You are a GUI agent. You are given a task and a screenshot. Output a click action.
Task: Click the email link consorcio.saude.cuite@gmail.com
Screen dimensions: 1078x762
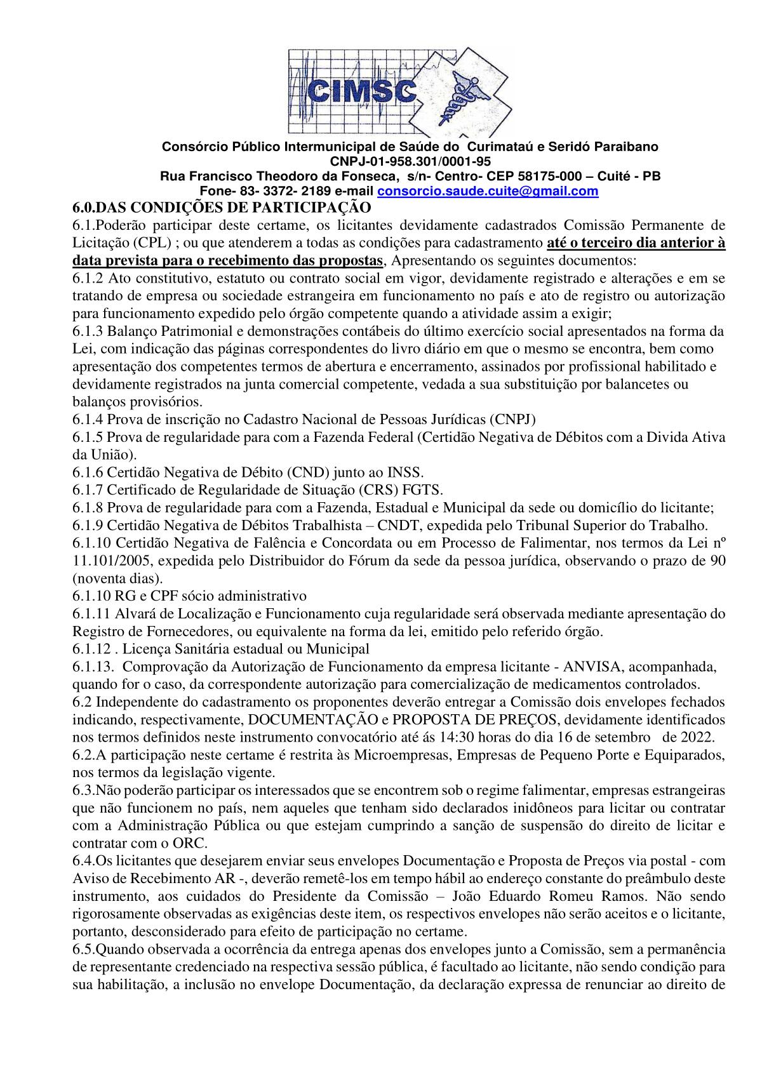point(488,191)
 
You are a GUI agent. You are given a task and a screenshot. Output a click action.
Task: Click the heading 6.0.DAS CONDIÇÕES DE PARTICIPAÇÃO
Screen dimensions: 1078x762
point(220,207)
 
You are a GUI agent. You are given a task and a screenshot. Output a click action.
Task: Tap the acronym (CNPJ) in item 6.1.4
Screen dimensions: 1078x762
point(513,418)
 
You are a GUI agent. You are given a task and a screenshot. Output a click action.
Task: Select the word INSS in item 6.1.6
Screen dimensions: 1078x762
point(404,472)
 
